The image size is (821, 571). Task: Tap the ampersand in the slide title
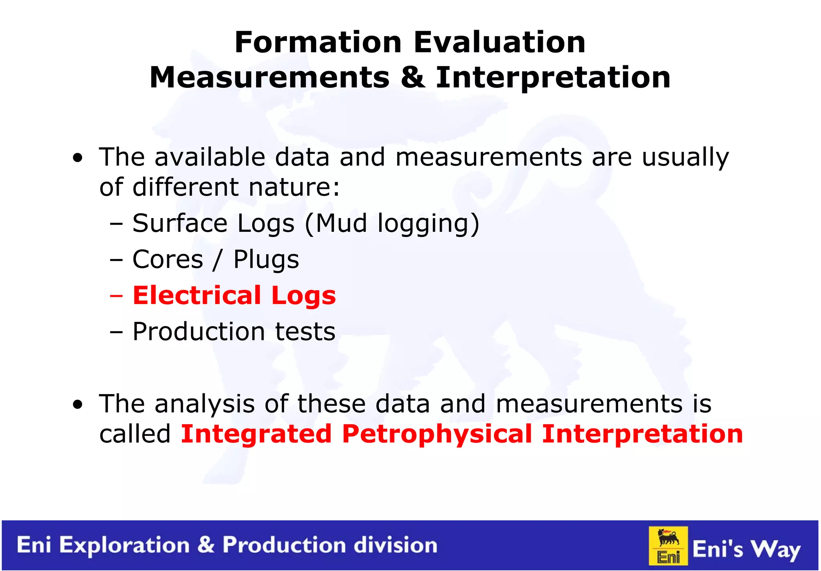pyautogui.click(x=413, y=77)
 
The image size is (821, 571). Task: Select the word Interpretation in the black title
pyautogui.click(x=553, y=78)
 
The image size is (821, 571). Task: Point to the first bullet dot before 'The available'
pyautogui.click(x=78, y=158)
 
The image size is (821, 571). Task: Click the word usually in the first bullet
pyautogui.click(x=685, y=157)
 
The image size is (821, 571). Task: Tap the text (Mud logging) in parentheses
pyautogui.click(x=392, y=223)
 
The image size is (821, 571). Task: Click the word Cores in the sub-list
pyautogui.click(x=168, y=259)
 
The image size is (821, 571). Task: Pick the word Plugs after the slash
pyautogui.click(x=266, y=260)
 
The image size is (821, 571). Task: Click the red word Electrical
pyautogui.click(x=197, y=296)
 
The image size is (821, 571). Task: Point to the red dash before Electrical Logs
pyautogui.click(x=116, y=296)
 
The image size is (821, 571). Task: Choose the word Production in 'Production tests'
pyautogui.click(x=199, y=332)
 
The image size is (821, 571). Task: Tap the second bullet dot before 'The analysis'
pyautogui.click(x=78, y=405)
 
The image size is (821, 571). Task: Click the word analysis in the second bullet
pyautogui.click(x=204, y=404)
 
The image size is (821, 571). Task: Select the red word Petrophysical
pyautogui.click(x=437, y=435)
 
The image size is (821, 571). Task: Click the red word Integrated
pyautogui.click(x=256, y=435)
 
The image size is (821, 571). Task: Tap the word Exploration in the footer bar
pyautogui.click(x=124, y=545)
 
